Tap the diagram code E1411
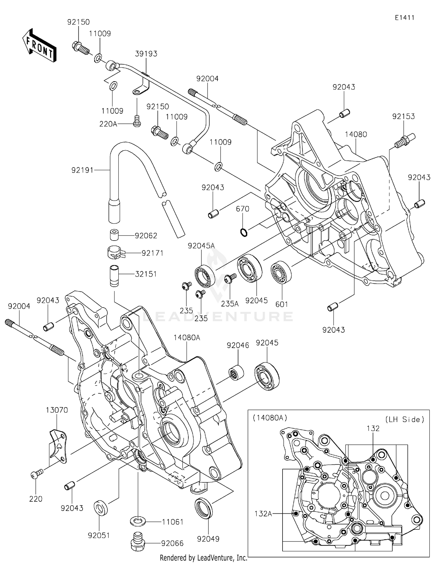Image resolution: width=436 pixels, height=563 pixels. click(x=404, y=18)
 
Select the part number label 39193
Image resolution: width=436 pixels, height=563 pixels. click(x=146, y=54)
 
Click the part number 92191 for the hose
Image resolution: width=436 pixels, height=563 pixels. click(x=82, y=170)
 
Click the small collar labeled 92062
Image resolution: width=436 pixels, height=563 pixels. click(x=115, y=235)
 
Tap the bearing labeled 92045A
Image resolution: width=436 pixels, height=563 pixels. click(x=205, y=276)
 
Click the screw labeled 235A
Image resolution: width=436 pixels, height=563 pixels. click(x=231, y=278)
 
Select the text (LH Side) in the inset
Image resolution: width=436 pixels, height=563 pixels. click(x=405, y=419)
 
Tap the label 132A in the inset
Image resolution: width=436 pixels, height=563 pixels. click(x=263, y=514)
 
